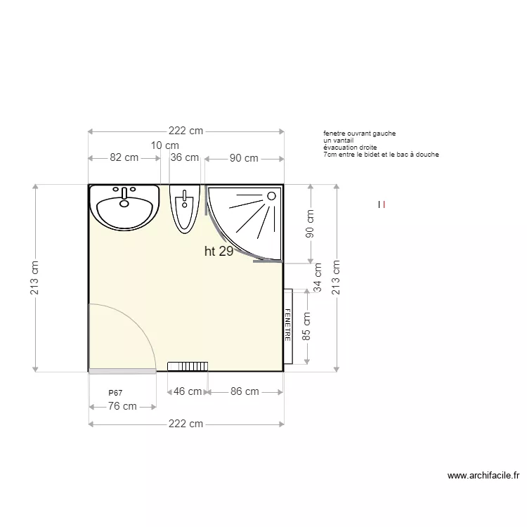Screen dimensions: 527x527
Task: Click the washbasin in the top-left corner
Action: pyautogui.click(x=124, y=207)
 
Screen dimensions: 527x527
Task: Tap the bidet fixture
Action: pyautogui.click(x=185, y=209)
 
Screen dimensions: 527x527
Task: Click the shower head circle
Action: pyautogui.click(x=271, y=196)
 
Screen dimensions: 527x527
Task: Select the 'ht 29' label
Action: pyautogui.click(x=219, y=251)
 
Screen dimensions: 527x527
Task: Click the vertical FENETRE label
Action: pyautogui.click(x=287, y=325)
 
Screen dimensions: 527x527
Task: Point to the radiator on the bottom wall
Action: pyautogui.click(x=188, y=366)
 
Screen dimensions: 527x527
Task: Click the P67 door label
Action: pyautogui.click(x=115, y=393)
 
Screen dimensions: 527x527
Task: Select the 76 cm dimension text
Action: pyautogui.click(x=122, y=406)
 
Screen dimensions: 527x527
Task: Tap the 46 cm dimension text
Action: pyautogui.click(x=188, y=391)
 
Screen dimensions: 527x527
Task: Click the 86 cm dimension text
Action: pyautogui.click(x=245, y=391)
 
